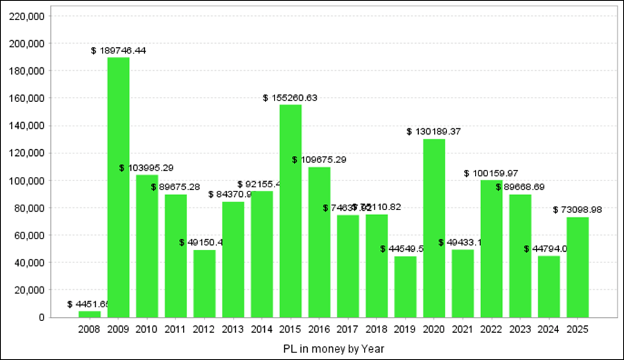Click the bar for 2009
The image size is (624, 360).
[x=118, y=187]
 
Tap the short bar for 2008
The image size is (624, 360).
[x=89, y=314]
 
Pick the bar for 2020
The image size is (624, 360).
[x=434, y=228]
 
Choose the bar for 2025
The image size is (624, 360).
[x=578, y=267]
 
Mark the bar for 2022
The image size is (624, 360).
[x=492, y=249]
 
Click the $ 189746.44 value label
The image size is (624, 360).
[x=119, y=51]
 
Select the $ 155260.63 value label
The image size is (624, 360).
[x=290, y=98]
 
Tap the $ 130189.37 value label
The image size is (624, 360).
[x=434, y=131]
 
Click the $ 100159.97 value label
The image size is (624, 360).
[x=491, y=173]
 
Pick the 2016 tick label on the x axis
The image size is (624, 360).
[x=319, y=330]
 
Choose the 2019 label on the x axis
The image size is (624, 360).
[x=406, y=330]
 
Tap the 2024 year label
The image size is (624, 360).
[x=549, y=330]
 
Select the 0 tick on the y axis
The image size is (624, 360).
[x=42, y=318]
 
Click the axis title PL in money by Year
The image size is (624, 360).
[x=333, y=348]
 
